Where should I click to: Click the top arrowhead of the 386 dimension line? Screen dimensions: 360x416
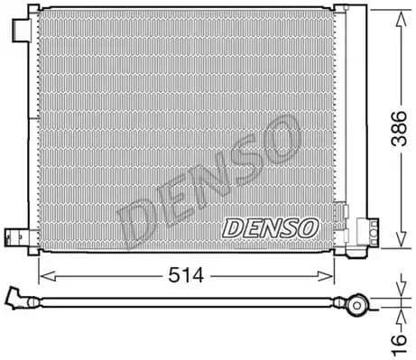coord(399,14)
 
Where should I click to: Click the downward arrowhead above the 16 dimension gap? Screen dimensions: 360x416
coord(399,291)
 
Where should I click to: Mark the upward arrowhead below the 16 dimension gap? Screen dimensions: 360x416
coord(399,318)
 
